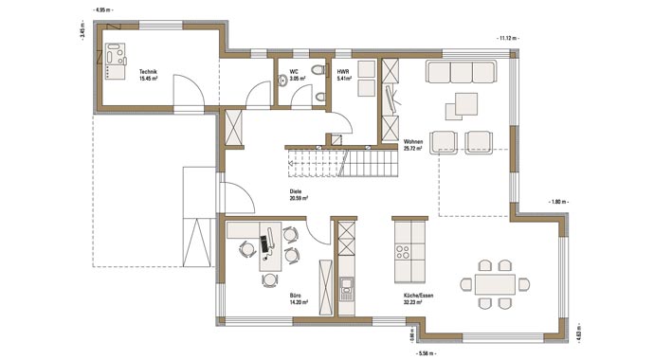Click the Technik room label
148,74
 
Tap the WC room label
296,74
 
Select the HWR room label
344,74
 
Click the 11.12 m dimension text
508,37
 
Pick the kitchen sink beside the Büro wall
347,285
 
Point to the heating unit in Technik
116,57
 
